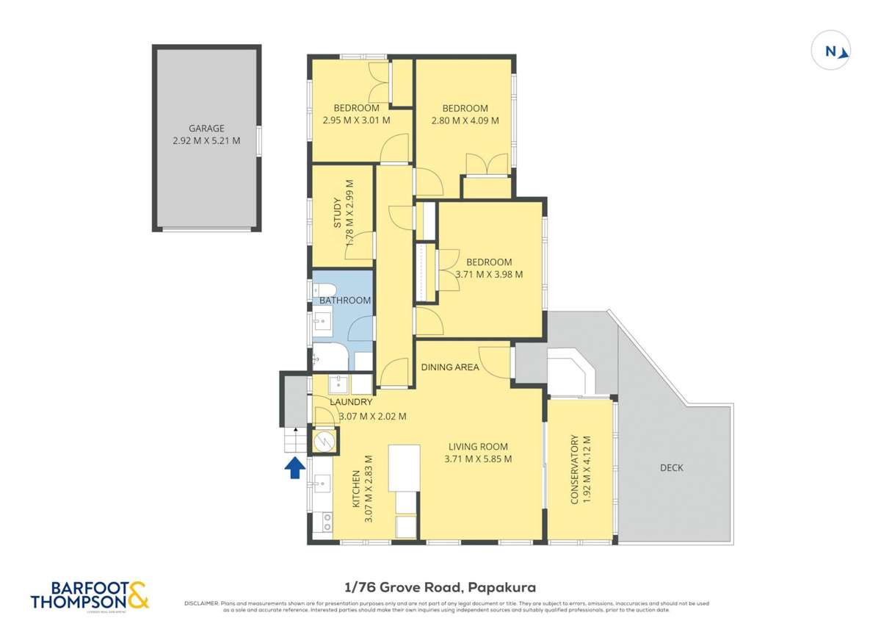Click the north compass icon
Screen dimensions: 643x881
[x=831, y=51]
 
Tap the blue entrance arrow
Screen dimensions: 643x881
[x=294, y=467]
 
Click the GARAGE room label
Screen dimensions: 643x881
[x=206, y=128]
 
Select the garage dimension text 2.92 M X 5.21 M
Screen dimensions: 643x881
[x=206, y=140]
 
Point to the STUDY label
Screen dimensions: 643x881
[x=338, y=214]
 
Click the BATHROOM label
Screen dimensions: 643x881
[x=344, y=301]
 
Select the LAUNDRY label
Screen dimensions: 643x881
[x=352, y=402]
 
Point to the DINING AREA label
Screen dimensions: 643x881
[x=450, y=367]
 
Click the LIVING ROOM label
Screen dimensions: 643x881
[x=478, y=446]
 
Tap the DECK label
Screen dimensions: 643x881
[x=671, y=467]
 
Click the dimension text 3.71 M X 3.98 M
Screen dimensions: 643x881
[x=489, y=275]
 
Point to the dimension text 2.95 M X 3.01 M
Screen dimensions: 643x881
[x=356, y=121]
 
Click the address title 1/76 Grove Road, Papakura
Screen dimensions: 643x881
[x=440, y=587]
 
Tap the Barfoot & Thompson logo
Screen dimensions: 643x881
[x=90, y=594]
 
